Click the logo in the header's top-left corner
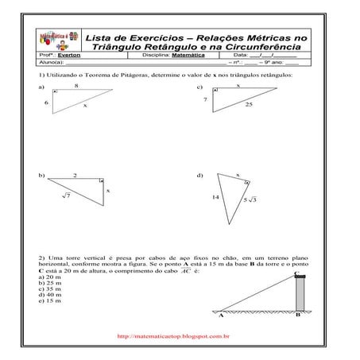[57, 41]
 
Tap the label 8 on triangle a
[76, 84]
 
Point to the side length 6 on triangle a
[46, 103]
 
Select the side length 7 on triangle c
[205, 99]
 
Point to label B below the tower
[296, 315]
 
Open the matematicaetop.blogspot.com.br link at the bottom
[172, 337]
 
